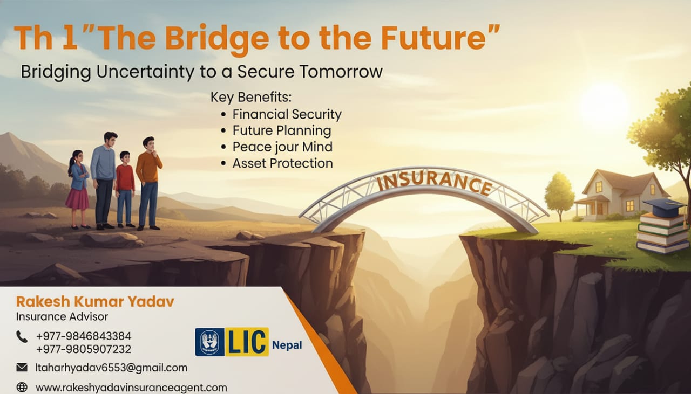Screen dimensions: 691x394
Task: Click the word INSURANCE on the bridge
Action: pos(435,183)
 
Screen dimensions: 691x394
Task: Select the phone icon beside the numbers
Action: pos(22,337)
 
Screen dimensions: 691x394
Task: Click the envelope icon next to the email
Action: pos(22,367)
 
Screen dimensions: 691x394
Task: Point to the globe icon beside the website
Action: pos(22,387)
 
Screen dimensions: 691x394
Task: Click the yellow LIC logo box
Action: pos(247,342)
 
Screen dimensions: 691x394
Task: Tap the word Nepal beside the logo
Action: pos(287,345)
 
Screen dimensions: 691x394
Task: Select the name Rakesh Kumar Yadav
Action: pos(95,302)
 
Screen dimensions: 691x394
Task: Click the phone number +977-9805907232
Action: pos(84,349)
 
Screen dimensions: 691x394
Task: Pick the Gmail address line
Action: pos(111,368)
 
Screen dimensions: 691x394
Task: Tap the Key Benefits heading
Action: pos(251,98)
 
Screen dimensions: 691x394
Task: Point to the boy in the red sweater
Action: pos(125,189)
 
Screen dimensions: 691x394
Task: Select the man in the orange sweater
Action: pos(148,183)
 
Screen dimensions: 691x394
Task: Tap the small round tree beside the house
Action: pos(559,196)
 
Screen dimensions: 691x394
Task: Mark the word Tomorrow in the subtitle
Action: pos(341,72)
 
